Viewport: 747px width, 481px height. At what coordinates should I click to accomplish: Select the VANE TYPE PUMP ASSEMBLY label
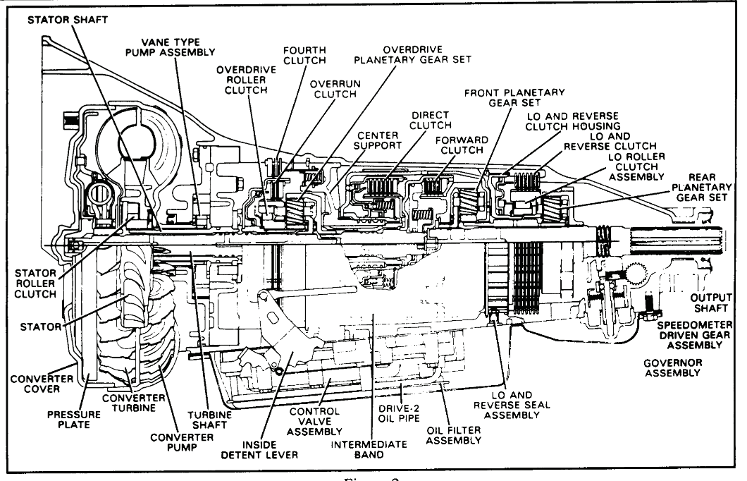coord(179,46)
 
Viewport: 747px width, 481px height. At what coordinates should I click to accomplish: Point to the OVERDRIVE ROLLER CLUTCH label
coord(242,80)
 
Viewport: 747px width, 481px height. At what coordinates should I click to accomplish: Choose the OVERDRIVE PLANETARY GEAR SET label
coord(427,54)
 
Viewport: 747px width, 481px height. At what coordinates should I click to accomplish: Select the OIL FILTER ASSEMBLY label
coord(453,434)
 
